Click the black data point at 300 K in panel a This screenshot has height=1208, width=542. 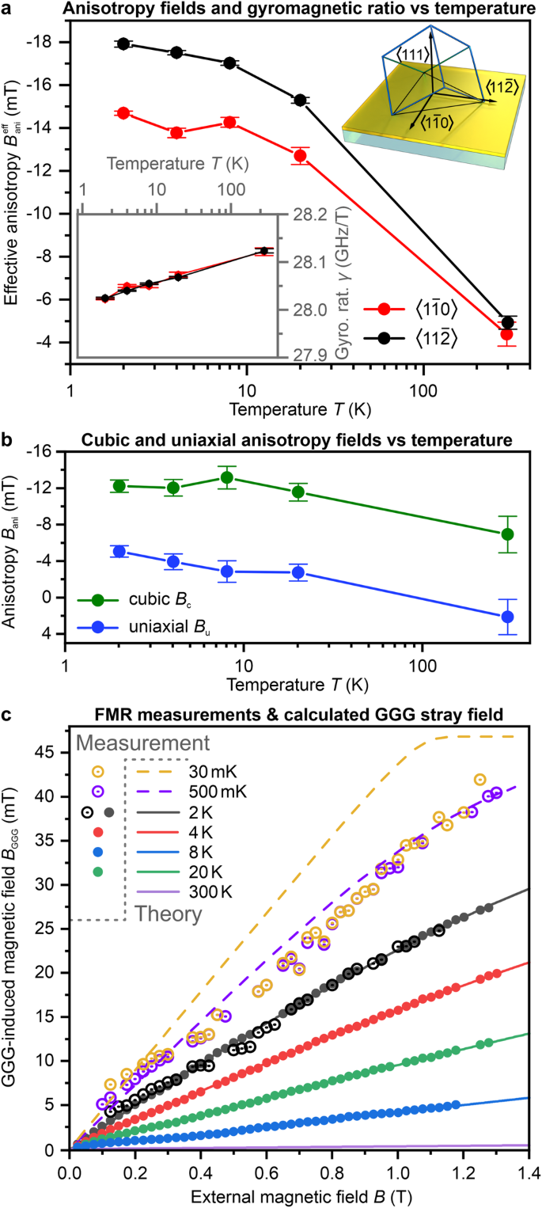tap(508, 322)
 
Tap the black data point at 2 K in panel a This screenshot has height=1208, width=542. tap(123, 44)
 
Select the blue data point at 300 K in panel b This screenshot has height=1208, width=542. tap(508, 617)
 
